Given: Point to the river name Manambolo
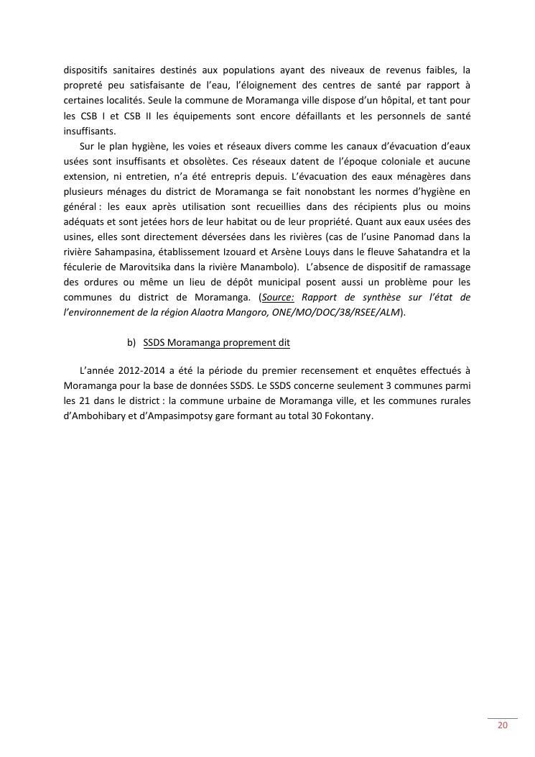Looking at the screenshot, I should [264, 267].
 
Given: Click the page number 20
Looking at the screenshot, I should [503, 725].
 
